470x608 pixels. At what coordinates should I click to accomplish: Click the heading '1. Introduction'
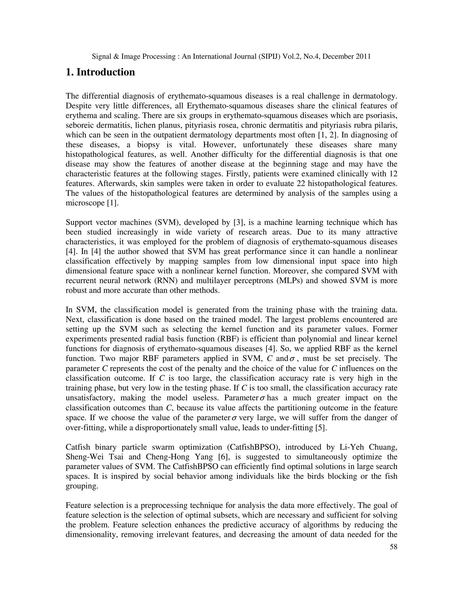100,72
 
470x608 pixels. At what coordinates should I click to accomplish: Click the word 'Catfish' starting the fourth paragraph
78,447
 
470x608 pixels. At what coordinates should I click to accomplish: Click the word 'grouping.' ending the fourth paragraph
82,486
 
